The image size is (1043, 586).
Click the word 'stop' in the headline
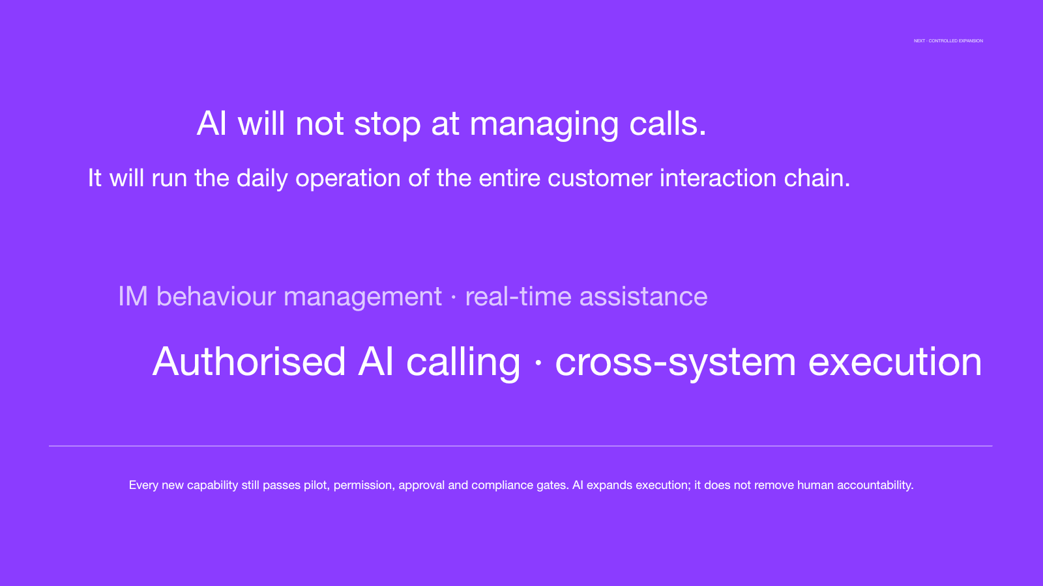[387, 124]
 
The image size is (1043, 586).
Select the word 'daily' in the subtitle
[261, 178]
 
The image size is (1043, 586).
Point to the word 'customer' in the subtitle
[600, 178]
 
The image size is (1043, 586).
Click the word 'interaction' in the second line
[718, 178]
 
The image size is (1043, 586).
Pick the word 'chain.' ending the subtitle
[817, 178]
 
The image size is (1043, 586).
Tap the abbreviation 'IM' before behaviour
[133, 296]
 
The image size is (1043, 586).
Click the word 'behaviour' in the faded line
[216, 296]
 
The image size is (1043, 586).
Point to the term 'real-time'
[518, 296]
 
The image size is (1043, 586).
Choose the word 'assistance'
[643, 297]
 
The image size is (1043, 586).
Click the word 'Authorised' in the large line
[249, 362]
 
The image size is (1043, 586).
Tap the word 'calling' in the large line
[463, 363]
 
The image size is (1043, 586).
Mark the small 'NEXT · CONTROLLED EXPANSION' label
[948, 41]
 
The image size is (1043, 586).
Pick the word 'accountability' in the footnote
[875, 486]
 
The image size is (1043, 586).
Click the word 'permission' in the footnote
[364, 486]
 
